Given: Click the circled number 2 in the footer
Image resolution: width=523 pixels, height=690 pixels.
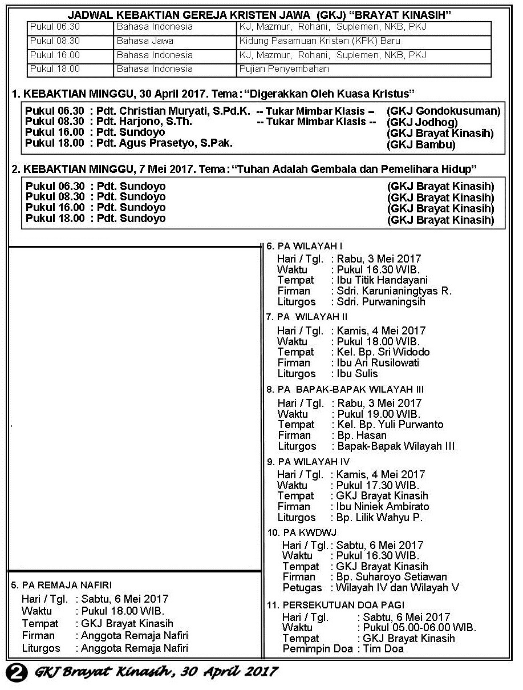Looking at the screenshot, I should pyautogui.click(x=17, y=672).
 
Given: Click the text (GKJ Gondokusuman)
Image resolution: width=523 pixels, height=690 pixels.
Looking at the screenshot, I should pyautogui.click(x=443, y=111).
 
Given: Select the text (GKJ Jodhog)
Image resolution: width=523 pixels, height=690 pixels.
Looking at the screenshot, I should pyautogui.click(x=422, y=122).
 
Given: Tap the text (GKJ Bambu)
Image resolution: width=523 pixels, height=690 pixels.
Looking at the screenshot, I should pyautogui.click(x=421, y=144).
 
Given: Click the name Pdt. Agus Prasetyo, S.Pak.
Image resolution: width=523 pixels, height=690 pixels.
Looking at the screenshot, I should pyautogui.click(x=165, y=143).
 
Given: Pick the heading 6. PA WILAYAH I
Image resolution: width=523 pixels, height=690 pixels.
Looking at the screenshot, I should pyautogui.click(x=305, y=246).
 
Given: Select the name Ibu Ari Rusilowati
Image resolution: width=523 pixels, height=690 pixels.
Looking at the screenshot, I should pyautogui.click(x=378, y=362).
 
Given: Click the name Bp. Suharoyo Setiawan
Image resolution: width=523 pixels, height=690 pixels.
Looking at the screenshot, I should pyautogui.click(x=391, y=577).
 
